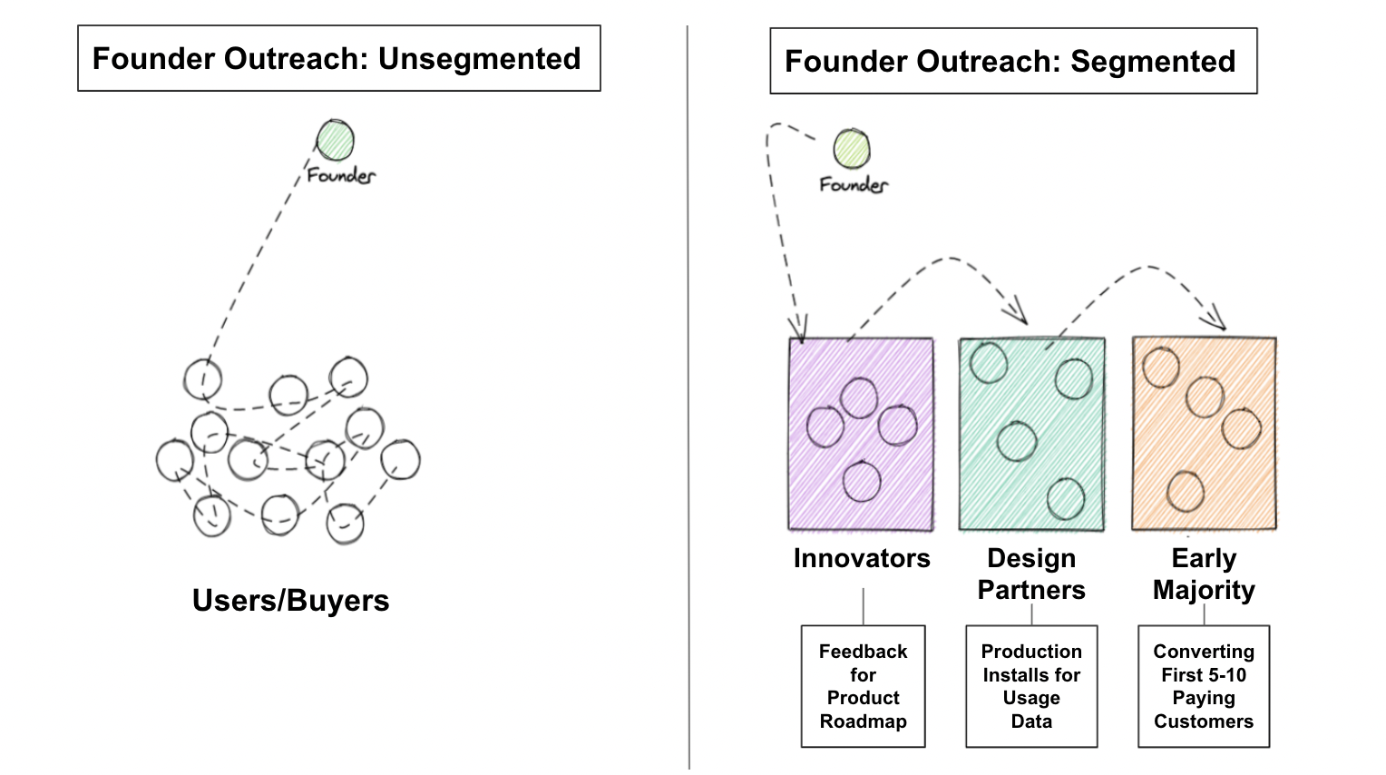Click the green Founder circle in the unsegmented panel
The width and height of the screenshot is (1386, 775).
[x=335, y=140]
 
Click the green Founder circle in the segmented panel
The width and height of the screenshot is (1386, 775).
[x=852, y=149]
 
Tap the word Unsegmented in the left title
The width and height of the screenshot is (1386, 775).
[x=479, y=59]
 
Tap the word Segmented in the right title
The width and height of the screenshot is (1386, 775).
[x=1153, y=62]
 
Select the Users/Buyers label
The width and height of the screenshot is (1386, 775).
[x=290, y=601]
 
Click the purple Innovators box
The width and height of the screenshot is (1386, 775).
[x=861, y=434]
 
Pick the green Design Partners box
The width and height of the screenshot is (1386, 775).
[x=1031, y=434]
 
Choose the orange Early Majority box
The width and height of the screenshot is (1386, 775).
[x=1204, y=434]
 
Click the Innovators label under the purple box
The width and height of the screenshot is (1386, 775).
[x=862, y=558]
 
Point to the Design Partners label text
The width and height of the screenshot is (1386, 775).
[x=1031, y=574]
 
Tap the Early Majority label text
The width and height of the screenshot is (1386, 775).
[x=1204, y=574]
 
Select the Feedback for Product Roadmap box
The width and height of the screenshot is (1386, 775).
[x=863, y=686]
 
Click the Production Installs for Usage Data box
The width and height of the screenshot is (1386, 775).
[x=1031, y=686]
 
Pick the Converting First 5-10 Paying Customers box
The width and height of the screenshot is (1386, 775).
[x=1204, y=686]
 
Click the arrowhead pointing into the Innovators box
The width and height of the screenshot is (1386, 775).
[x=799, y=331]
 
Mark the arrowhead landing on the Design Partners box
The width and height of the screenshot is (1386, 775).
[x=1021, y=316]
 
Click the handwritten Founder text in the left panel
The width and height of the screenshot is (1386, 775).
[x=341, y=175]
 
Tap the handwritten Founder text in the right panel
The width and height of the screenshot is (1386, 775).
[x=854, y=185]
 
